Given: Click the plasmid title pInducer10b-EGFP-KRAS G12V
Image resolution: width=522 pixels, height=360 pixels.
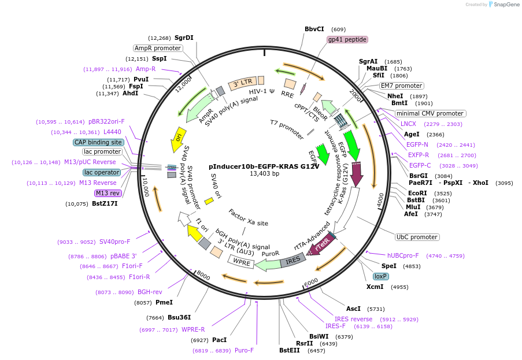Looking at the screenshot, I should (x=264, y=165).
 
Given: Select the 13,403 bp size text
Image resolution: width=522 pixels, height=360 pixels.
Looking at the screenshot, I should (x=264, y=173).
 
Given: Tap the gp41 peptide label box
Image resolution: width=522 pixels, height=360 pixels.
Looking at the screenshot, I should (x=347, y=39).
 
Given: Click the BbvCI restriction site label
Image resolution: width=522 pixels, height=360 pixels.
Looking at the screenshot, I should (x=314, y=29).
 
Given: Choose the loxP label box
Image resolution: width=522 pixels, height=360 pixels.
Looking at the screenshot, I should (x=380, y=276).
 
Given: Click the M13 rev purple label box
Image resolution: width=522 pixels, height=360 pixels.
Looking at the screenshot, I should (x=108, y=194).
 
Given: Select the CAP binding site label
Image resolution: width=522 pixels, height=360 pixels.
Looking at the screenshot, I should (x=98, y=142).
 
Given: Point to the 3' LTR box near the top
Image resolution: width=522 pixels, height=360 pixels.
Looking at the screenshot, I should (x=243, y=84).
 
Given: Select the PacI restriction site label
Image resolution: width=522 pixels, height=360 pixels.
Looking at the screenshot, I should (x=219, y=340).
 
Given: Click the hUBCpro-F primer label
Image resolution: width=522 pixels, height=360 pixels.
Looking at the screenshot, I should (x=402, y=255).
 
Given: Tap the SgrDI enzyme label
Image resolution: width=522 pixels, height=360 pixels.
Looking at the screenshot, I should (x=184, y=38).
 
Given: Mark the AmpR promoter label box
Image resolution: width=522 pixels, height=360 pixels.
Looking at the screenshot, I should (x=158, y=48).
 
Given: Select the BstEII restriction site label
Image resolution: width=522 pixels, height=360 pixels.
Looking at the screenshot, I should (x=290, y=350).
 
